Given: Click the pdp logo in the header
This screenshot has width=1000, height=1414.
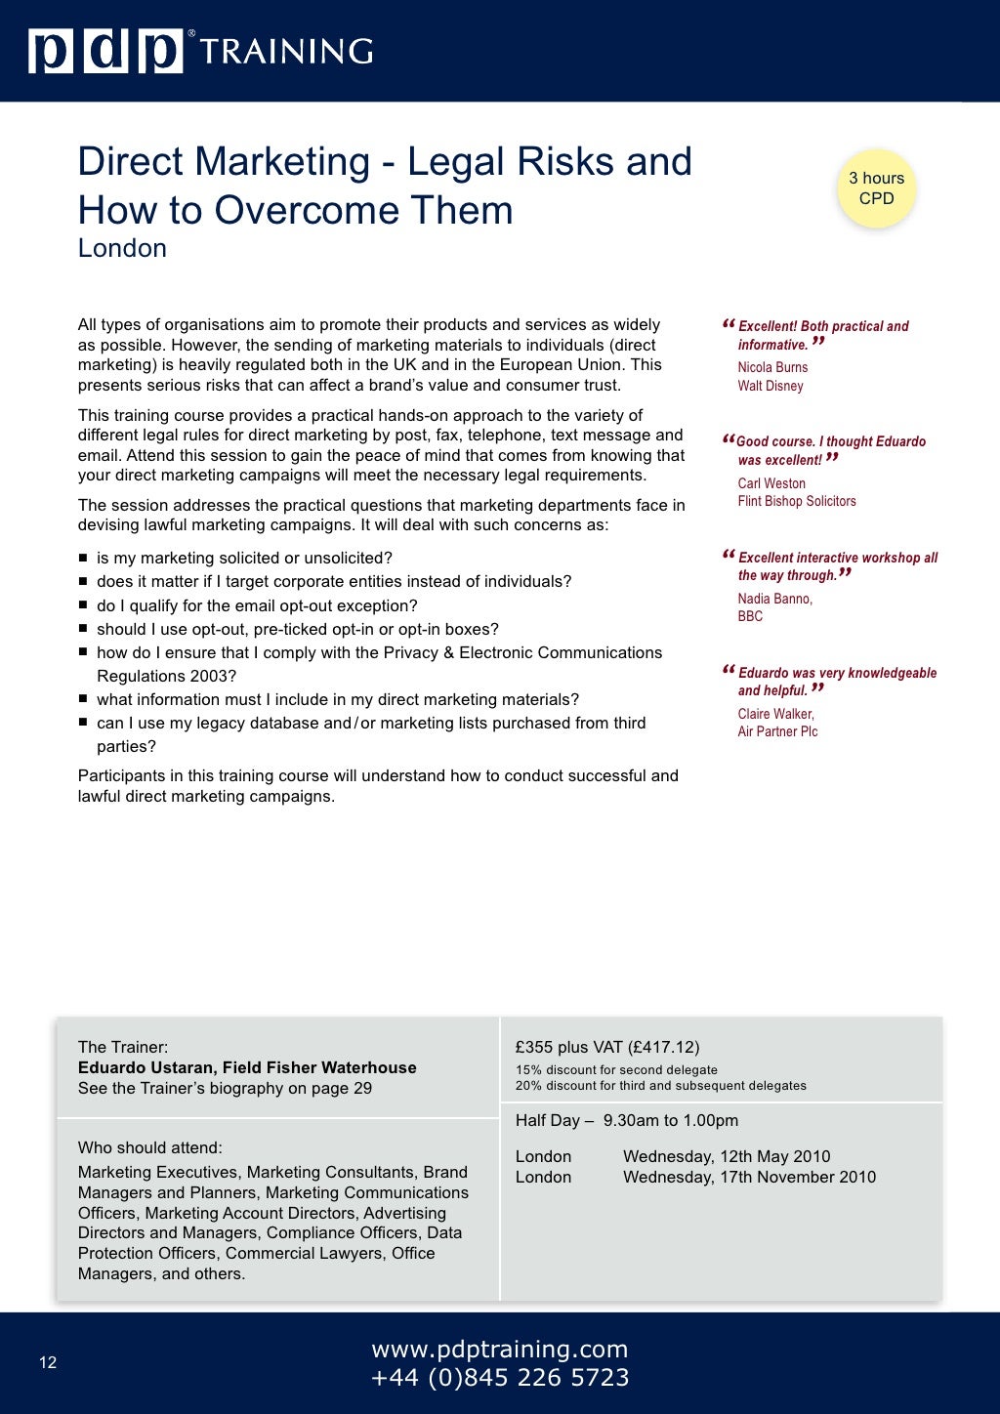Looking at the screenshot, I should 105,51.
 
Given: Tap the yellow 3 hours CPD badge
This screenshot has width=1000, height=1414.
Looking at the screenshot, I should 876,188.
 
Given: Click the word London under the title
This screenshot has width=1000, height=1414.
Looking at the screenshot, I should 122,248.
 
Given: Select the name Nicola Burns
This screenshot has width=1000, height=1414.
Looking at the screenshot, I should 772,367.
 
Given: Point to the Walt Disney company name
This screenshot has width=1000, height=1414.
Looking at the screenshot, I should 771,386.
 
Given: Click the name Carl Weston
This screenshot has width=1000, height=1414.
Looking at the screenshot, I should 771,483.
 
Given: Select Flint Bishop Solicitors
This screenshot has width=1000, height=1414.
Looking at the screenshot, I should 797,501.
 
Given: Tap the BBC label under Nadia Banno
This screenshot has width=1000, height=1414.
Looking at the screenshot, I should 750,616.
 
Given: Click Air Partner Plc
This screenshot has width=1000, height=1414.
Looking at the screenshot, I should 777,731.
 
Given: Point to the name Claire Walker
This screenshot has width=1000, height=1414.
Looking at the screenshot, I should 775,714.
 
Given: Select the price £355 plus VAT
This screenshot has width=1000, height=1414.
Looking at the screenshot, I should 606,1047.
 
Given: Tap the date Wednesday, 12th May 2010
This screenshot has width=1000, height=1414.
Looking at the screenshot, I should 727,1156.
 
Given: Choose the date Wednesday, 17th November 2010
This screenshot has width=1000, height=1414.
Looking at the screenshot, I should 749,1177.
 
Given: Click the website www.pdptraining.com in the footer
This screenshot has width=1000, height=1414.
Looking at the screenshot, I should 499,1349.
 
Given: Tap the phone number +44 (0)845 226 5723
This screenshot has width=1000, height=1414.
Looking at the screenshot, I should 499,1378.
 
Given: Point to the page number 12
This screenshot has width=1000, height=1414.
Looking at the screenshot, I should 48,1362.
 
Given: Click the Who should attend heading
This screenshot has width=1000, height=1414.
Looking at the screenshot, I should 150,1147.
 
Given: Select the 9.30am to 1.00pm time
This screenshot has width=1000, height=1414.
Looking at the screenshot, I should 670,1120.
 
